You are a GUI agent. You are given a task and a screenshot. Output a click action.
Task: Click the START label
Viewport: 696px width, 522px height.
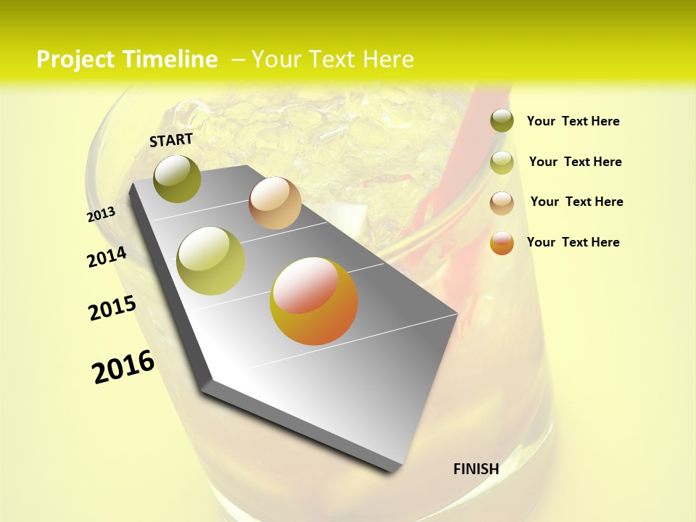click(171, 140)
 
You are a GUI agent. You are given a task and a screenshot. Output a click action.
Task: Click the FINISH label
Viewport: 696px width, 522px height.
click(476, 469)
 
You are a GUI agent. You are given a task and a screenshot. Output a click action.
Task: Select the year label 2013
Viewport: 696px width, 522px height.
click(101, 214)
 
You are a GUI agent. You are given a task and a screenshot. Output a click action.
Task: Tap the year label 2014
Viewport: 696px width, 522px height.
click(107, 257)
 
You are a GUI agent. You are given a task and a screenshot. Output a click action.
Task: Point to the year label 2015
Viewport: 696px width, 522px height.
click(112, 308)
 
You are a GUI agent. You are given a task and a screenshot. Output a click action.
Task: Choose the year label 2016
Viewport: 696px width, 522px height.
click(123, 367)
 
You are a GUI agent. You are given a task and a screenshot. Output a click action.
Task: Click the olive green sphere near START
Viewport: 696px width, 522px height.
click(178, 178)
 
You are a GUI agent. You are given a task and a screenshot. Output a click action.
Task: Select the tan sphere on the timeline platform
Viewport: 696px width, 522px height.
click(275, 203)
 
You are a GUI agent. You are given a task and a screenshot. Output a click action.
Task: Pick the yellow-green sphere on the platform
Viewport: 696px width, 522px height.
click(211, 261)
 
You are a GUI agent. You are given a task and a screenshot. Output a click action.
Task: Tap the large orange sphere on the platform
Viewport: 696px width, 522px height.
click(314, 301)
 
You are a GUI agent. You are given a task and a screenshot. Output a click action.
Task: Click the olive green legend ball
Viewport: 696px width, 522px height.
click(502, 120)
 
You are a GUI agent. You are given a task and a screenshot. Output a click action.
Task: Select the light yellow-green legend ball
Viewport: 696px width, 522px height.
click(502, 162)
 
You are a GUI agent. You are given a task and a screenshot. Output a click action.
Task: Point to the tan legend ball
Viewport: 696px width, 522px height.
click(502, 203)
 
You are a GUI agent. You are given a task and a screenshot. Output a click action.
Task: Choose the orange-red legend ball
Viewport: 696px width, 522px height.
click(502, 243)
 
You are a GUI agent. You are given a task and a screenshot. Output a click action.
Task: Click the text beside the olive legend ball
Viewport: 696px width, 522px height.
click(573, 122)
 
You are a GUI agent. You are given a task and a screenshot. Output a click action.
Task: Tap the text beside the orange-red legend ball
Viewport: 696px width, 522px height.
click(573, 242)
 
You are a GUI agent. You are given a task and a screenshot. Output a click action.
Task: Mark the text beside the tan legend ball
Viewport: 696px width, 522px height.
click(576, 202)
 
